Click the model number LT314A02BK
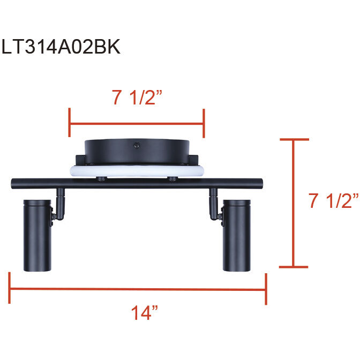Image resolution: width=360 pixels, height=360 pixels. [61, 47]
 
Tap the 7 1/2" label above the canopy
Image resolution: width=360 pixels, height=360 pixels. [137, 98]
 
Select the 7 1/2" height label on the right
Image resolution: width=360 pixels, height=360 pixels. [333, 201]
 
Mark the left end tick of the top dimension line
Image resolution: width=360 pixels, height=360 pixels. [70, 122]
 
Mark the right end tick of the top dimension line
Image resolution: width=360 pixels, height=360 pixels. [204, 122]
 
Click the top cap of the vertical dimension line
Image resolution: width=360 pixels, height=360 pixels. [294, 139]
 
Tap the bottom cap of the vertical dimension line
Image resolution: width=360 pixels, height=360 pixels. [294, 266]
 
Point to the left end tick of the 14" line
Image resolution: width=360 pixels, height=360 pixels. [9, 289]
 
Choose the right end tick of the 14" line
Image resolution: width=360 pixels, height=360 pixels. [266, 289]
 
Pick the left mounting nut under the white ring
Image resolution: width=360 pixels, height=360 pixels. [101, 178]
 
